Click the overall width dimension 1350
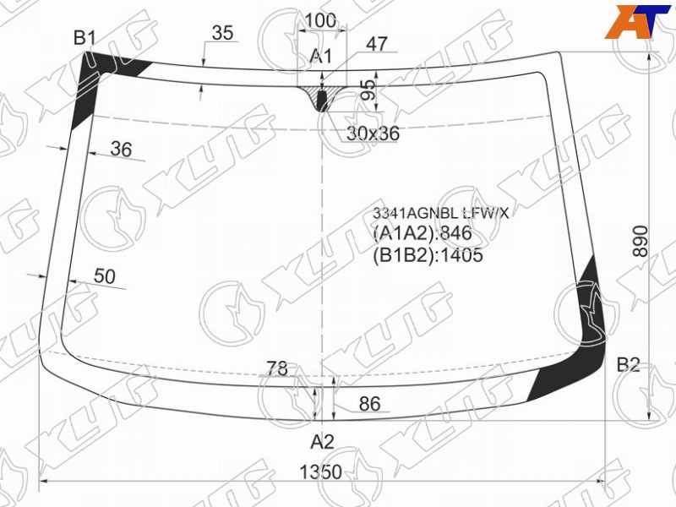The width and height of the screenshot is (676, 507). (x=321, y=472)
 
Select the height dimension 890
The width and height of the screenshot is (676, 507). (x=641, y=241)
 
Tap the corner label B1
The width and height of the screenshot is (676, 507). (x=84, y=38)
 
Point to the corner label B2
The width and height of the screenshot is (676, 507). (x=628, y=365)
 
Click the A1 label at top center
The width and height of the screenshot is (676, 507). (x=321, y=56)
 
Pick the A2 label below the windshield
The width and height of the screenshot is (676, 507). (x=323, y=442)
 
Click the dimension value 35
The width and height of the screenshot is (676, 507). (x=223, y=33)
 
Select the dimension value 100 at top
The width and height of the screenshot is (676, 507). (x=320, y=20)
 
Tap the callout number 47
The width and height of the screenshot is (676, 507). (x=377, y=44)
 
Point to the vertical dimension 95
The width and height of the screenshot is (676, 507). (x=368, y=90)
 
